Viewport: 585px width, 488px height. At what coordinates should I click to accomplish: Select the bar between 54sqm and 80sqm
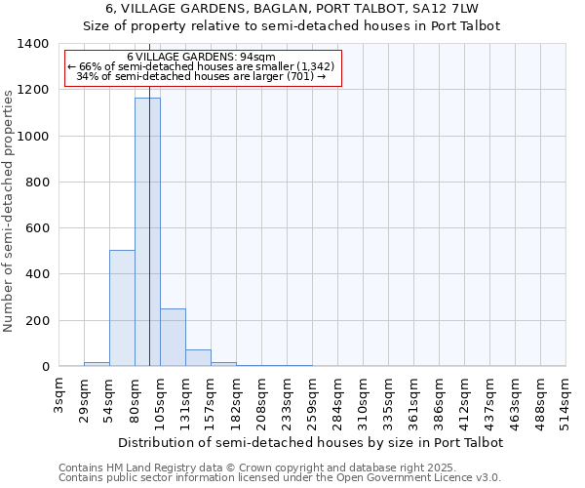(x=122, y=308)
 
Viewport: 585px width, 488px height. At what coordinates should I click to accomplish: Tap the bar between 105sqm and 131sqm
(x=173, y=338)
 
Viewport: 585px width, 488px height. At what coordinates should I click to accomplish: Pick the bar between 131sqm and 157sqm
(x=198, y=358)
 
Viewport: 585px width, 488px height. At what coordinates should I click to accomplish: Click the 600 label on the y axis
(x=36, y=228)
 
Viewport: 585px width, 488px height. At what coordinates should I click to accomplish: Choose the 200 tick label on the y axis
(x=36, y=320)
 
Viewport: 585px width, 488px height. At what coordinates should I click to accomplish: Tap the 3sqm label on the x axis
(x=59, y=394)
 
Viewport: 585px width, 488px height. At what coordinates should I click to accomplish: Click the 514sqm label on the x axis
(x=566, y=400)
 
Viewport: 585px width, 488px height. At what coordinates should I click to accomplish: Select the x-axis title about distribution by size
(x=309, y=442)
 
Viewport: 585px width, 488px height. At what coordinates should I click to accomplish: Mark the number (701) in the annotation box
(x=299, y=76)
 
